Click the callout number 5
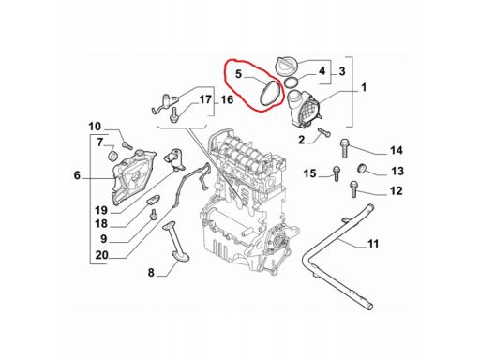[238, 74]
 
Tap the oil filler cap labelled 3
[285, 67]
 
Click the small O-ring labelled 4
[292, 82]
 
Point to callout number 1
[364, 87]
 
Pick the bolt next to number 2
[324, 132]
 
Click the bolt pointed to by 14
[344, 148]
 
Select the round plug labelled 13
[362, 168]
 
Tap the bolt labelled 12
[353, 188]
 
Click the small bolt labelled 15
[336, 173]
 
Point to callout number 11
[373, 244]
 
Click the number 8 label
[151, 273]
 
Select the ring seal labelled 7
[112, 156]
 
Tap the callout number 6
[77, 175]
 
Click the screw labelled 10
[127, 145]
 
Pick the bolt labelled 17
[172, 114]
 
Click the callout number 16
[227, 100]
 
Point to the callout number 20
[101, 255]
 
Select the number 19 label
[101, 210]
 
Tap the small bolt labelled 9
[153, 215]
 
